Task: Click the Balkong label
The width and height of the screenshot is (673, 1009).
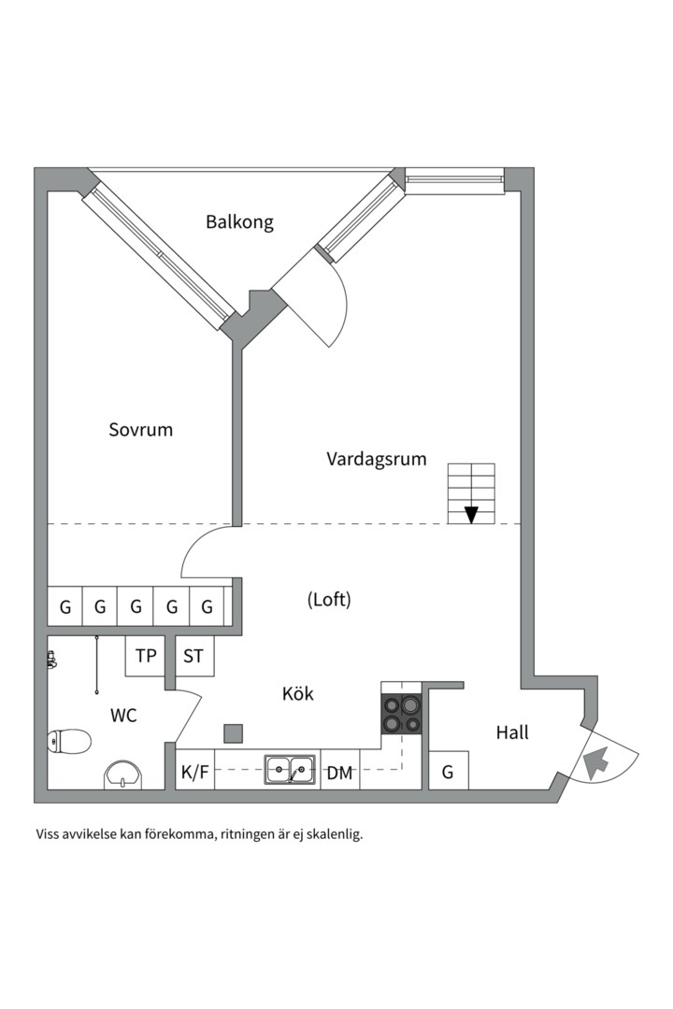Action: click(239, 222)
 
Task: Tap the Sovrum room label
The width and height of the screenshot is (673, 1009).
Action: click(141, 430)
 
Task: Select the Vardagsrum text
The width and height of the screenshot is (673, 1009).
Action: click(377, 459)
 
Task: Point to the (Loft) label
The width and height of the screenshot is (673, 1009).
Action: click(329, 600)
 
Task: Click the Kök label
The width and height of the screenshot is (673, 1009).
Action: click(298, 694)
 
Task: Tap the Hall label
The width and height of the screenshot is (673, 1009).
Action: click(512, 732)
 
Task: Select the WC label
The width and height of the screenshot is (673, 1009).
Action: click(123, 716)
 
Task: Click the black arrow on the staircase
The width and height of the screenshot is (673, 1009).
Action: click(471, 514)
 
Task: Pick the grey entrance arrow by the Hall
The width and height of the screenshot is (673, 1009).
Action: click(594, 763)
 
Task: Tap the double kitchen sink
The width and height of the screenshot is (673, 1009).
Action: click(289, 770)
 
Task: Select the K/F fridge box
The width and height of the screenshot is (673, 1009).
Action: click(195, 773)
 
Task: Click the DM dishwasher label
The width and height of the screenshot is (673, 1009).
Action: click(339, 773)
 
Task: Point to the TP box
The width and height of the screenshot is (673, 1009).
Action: click(146, 656)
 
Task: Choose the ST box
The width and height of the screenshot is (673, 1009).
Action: click(193, 656)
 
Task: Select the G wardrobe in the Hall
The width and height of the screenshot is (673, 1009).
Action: click(449, 772)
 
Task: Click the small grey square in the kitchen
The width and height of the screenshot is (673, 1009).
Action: click(233, 732)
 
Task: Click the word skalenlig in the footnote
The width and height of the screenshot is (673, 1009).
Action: click(333, 834)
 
